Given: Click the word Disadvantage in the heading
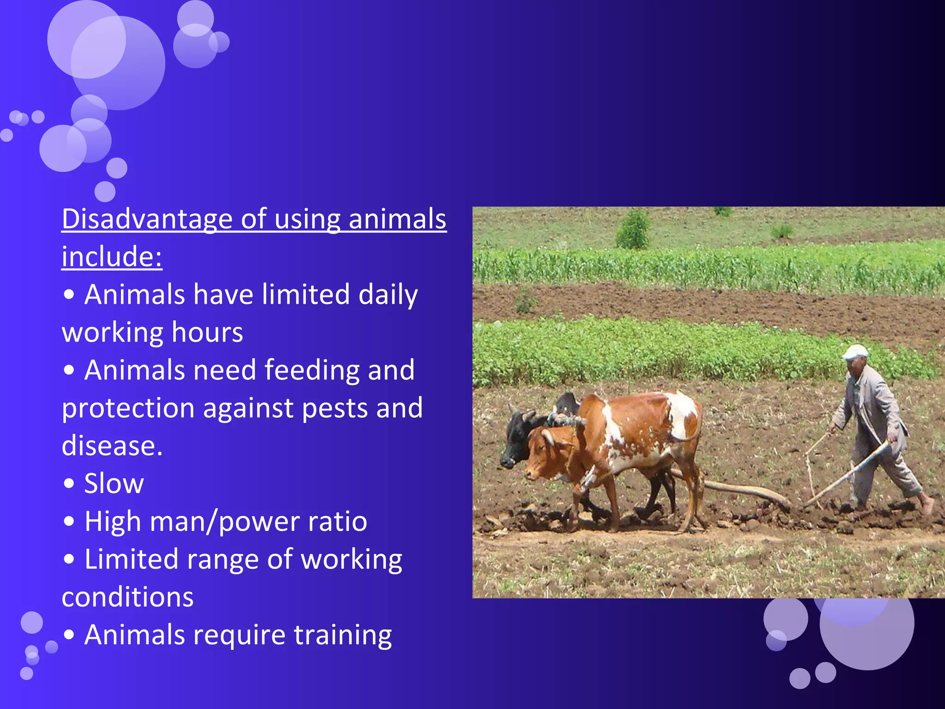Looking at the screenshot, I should pos(147,219).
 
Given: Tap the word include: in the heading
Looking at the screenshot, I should pos(112,257).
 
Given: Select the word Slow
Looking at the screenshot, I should pos(114,484).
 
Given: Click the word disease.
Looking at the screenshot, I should pos(112,446).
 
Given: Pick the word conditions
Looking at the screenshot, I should pos(127,597).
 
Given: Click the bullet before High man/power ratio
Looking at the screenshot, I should pos(69,522).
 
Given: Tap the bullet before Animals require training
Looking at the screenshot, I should pos(69,635).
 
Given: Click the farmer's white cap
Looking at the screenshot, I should pos(855,352).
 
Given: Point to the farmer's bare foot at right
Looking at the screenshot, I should pos(926,506).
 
